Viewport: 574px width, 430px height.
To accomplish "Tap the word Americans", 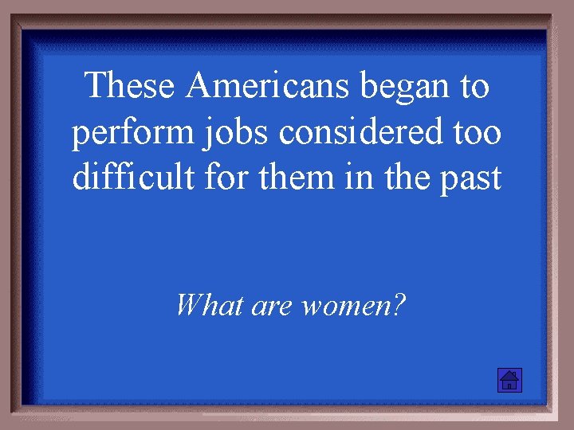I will (267, 85).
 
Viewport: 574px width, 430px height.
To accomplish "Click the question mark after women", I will (398, 304).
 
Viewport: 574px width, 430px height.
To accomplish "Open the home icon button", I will (509, 380).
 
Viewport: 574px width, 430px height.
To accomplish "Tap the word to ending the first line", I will (471, 86).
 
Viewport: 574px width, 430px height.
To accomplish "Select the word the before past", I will (407, 177).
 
